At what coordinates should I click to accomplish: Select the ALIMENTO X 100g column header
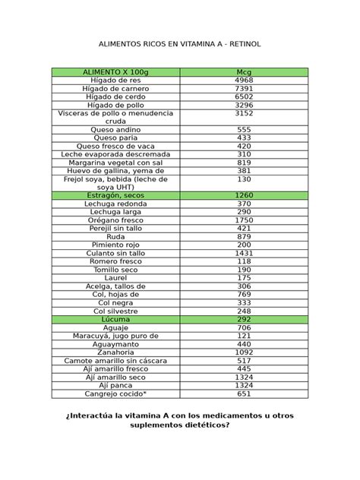[115, 71]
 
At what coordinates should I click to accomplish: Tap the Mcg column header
[244, 71]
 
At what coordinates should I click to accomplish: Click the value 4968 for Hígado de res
[244, 80]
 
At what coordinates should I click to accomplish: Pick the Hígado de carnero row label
[115, 88]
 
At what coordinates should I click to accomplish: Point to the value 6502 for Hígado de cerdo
[244, 96]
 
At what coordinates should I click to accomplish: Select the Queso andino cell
[115, 130]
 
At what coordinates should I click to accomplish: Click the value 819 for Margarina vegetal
[244, 163]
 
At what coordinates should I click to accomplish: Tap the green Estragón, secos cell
[115, 195]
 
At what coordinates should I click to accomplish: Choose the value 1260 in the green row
[244, 195]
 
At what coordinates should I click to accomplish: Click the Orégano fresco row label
[115, 220]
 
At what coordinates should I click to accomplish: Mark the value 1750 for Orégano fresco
[244, 220]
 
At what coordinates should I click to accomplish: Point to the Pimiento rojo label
[115, 245]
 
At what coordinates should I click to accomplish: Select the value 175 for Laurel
[244, 278]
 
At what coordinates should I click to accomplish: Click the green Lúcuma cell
[115, 320]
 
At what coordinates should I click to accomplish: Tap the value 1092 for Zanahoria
[244, 352]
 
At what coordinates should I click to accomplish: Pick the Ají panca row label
[115, 386]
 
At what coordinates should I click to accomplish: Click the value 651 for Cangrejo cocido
[244, 394]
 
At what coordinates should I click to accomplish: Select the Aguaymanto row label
[115, 344]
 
